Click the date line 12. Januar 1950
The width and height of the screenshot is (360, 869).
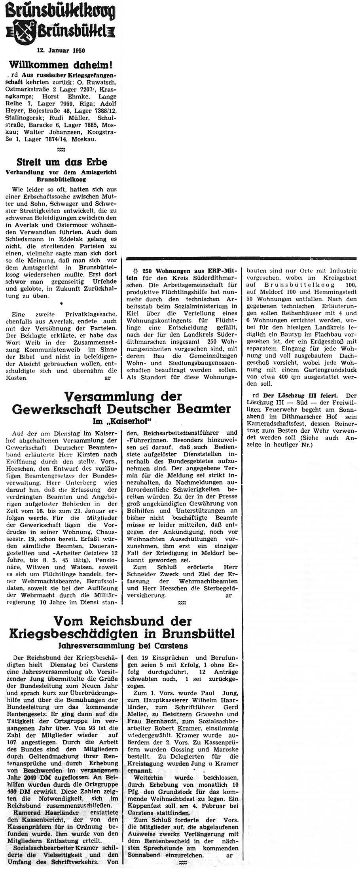[x=61, y=51]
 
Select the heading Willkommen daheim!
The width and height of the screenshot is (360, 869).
[x=61, y=64]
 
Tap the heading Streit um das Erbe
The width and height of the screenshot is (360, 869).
[x=62, y=162]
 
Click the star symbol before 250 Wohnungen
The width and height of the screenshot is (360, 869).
[x=136, y=271]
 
